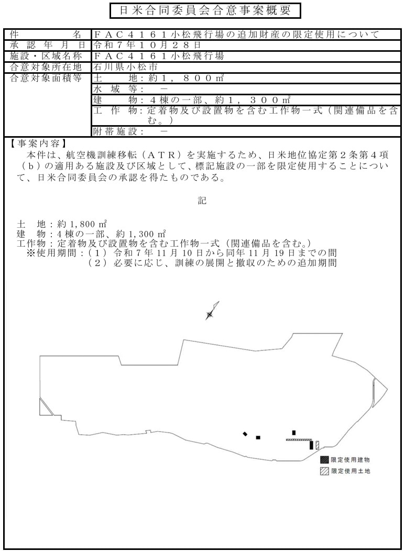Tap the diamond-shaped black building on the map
(245, 434)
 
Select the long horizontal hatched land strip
(299, 440)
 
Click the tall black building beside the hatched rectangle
(312, 445)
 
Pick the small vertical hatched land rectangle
(317, 445)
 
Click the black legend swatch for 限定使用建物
(324, 459)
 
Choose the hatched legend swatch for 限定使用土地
(324, 471)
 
